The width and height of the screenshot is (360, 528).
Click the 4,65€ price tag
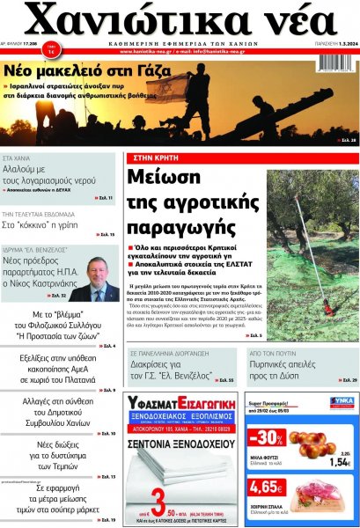[267, 487]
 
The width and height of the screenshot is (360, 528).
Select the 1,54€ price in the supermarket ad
[341, 461]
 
